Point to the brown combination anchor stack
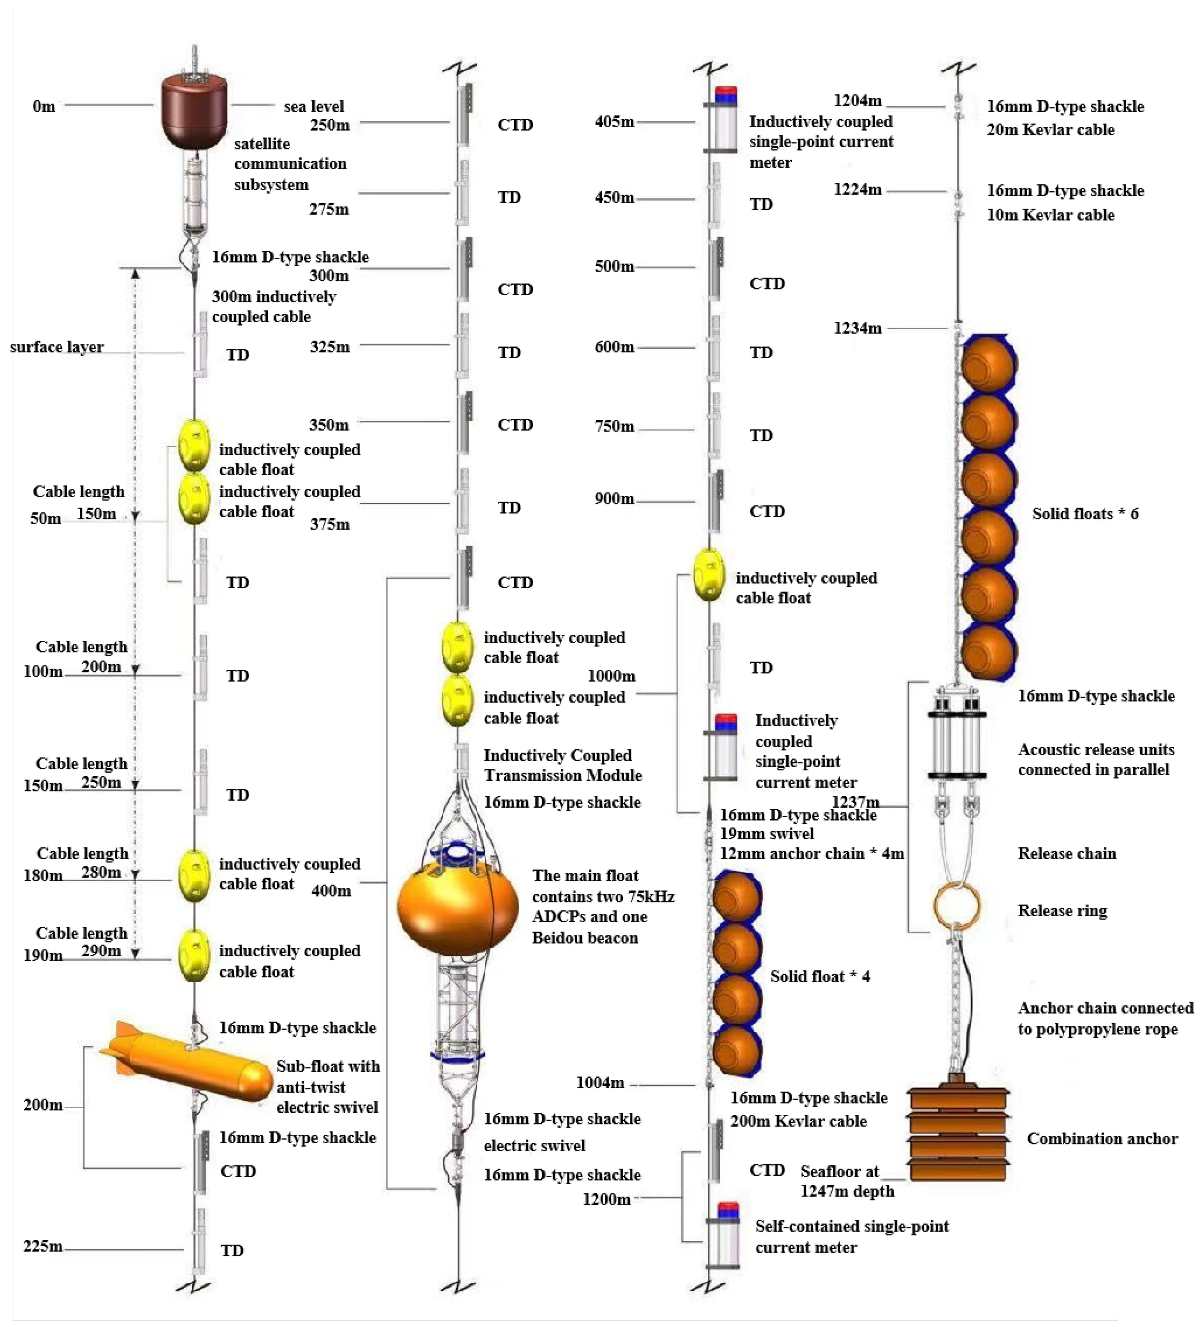click(x=958, y=1133)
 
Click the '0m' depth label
click(x=44, y=106)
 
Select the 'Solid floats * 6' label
click(x=1085, y=514)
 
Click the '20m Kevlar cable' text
click(x=1050, y=130)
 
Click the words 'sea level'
click(x=314, y=106)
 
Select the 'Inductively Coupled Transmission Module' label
click(x=562, y=765)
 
